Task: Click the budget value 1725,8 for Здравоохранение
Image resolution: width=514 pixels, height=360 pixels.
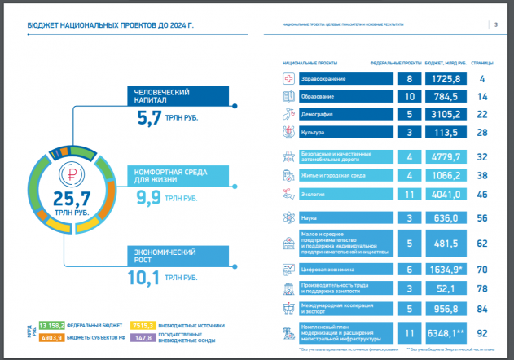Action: pyautogui.click(x=444, y=79)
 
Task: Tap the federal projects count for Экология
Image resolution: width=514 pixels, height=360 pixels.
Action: pyautogui.click(x=410, y=195)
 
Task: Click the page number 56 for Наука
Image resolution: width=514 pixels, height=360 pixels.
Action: pyautogui.click(x=482, y=218)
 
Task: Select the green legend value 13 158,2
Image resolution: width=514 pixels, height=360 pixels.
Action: pyautogui.click(x=52, y=325)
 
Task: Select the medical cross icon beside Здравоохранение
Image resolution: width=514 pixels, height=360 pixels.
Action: pyautogui.click(x=288, y=79)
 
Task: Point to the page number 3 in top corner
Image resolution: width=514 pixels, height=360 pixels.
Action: pyautogui.click(x=496, y=24)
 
